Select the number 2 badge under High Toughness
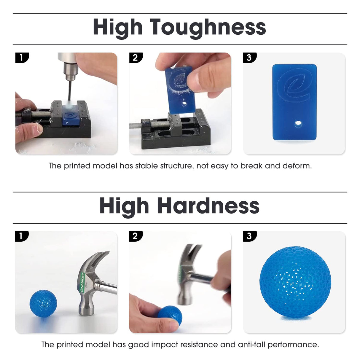[136, 58]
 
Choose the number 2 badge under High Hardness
[136, 236]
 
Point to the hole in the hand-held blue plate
[184, 104]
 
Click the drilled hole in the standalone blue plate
[298, 123]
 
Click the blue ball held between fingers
[171, 315]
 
